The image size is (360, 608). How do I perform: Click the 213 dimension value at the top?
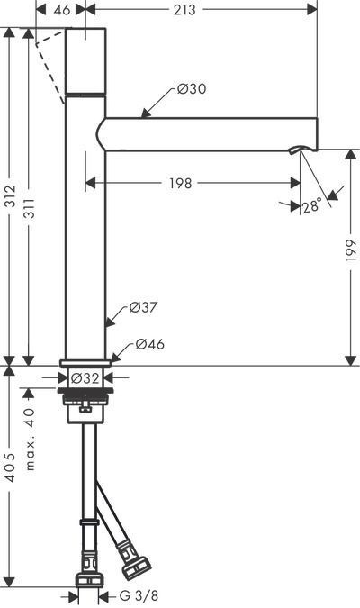click(x=184, y=10)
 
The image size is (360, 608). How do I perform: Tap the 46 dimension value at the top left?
click(x=62, y=10)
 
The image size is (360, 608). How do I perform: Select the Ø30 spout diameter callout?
click(x=192, y=89)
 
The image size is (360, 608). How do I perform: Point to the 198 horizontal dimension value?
click(x=181, y=183)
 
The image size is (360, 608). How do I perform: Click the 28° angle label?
click(x=312, y=205)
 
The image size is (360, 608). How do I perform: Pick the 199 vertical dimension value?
click(x=351, y=250)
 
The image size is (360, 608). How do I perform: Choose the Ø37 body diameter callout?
click(x=143, y=307)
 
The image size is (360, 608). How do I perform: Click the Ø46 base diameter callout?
click(x=150, y=343)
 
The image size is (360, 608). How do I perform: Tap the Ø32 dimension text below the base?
click(x=85, y=377)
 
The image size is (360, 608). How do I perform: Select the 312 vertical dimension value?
click(x=11, y=196)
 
